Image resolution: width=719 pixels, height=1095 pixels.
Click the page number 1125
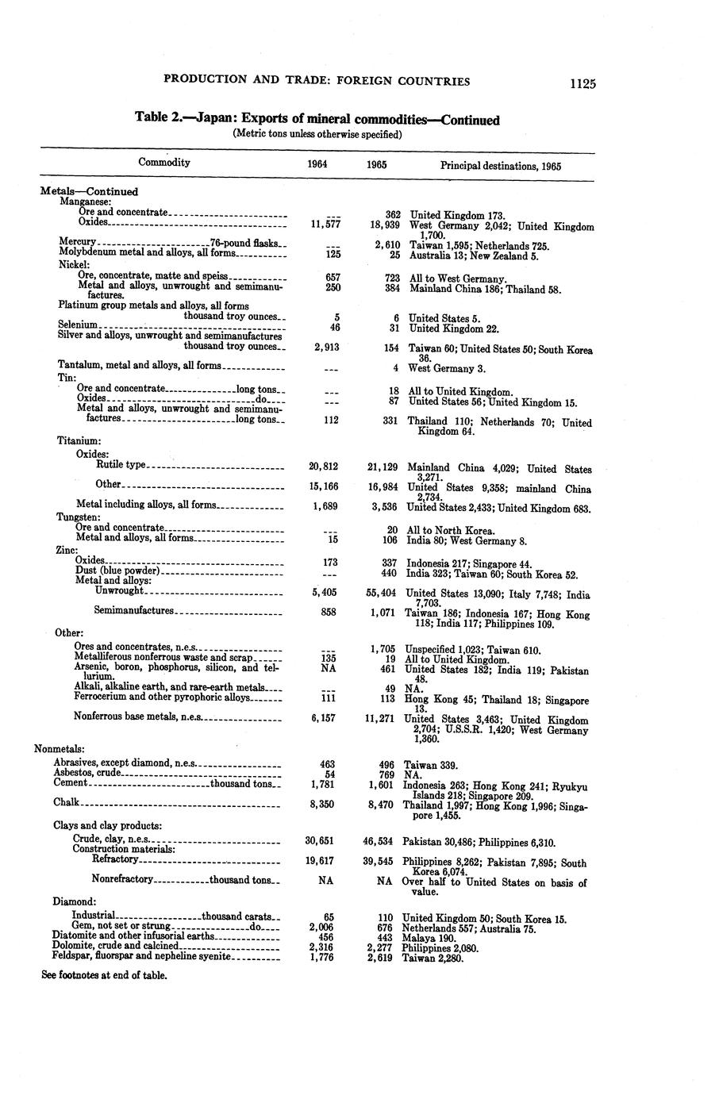point(581,83)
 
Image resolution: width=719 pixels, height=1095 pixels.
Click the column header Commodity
point(164,162)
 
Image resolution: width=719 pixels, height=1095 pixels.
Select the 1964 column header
point(317,165)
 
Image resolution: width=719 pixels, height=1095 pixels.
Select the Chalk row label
point(66,802)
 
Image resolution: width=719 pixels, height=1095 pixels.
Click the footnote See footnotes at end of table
point(104,975)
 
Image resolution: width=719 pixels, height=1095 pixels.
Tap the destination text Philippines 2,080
point(441,947)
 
